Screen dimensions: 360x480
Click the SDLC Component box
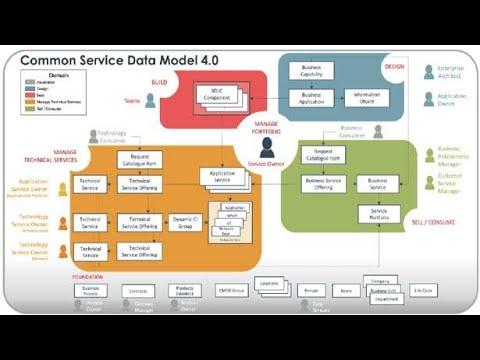click(x=218, y=95)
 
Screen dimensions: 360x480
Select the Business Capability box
click(x=311, y=72)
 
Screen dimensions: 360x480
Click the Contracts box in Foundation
click(x=139, y=290)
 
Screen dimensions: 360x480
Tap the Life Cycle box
click(x=424, y=290)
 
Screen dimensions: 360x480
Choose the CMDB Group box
click(x=231, y=290)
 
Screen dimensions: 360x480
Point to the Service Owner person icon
click(x=267, y=147)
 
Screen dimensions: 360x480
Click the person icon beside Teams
click(x=150, y=100)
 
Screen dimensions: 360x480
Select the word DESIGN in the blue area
click(x=394, y=66)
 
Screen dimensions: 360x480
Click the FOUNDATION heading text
click(x=88, y=275)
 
